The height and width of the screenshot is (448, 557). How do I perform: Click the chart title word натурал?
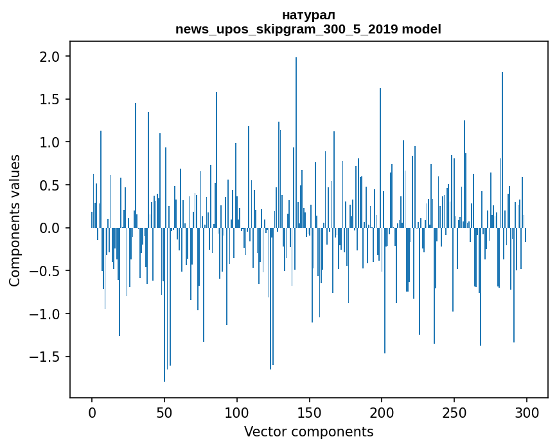(x=308, y=15)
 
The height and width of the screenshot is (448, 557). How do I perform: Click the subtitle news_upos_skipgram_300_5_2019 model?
(x=308, y=29)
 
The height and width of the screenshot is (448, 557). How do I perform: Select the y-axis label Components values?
(x=15, y=220)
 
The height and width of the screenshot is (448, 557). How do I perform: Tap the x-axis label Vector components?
(x=308, y=431)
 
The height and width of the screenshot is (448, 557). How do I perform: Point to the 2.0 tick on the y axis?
(x=51, y=57)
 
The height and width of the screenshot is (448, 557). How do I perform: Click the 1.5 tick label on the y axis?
(x=51, y=100)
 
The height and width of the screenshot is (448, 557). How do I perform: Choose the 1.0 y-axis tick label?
(x=51, y=142)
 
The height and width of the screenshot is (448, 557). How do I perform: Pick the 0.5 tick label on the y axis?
(x=51, y=185)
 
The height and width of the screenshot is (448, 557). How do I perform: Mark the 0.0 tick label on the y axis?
(x=51, y=228)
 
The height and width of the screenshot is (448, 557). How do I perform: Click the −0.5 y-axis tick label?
(x=47, y=271)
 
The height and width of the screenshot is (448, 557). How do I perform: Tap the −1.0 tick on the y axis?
(x=47, y=314)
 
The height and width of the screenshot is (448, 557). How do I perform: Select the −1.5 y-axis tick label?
(x=47, y=357)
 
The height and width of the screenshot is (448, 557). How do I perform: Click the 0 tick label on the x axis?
(x=92, y=411)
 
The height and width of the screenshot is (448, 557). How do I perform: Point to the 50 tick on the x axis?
(x=164, y=411)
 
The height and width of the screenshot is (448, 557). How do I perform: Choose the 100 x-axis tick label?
(x=237, y=411)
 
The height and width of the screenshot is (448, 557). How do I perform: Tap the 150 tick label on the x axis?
(x=310, y=411)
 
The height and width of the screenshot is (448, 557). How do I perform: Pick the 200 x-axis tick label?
(x=382, y=411)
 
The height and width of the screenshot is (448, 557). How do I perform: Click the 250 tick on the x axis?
(x=454, y=411)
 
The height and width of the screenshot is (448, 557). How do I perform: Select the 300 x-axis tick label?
(x=527, y=411)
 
